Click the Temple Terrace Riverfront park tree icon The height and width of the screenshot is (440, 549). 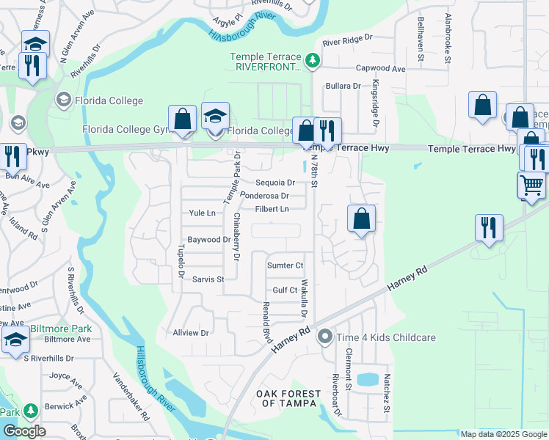point(313,60)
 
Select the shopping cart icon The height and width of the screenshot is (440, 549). point(532,184)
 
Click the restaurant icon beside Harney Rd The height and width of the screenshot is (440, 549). point(487,228)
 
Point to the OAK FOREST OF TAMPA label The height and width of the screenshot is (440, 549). point(288,398)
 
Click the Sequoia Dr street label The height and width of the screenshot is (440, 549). point(275,183)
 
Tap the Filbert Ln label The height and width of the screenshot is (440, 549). point(272,209)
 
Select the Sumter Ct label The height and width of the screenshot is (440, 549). point(285,265)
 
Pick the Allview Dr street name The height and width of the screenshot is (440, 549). point(191,332)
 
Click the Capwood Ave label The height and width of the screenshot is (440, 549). point(380,69)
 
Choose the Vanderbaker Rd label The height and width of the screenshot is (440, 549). point(131,395)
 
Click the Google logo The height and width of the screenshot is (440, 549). point(24,430)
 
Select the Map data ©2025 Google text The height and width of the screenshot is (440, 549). point(503,433)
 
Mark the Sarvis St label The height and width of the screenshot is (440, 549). point(208,279)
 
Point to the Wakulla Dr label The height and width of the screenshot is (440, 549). point(303,298)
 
